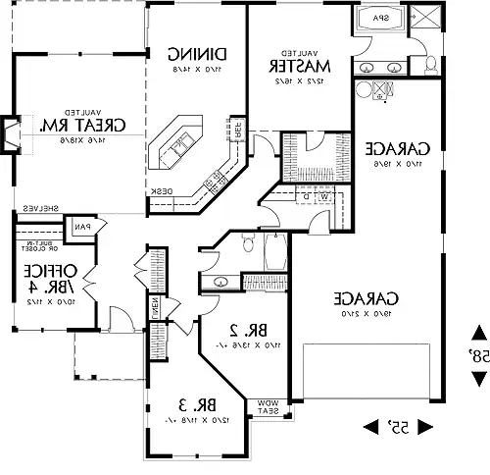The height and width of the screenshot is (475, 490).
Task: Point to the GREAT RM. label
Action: click(72, 127)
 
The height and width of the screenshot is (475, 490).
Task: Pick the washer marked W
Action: click(321, 196)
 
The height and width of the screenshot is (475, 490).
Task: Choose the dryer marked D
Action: click(306, 196)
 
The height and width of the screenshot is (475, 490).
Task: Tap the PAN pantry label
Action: click(81, 228)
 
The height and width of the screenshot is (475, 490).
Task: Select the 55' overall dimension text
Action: click(399, 425)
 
